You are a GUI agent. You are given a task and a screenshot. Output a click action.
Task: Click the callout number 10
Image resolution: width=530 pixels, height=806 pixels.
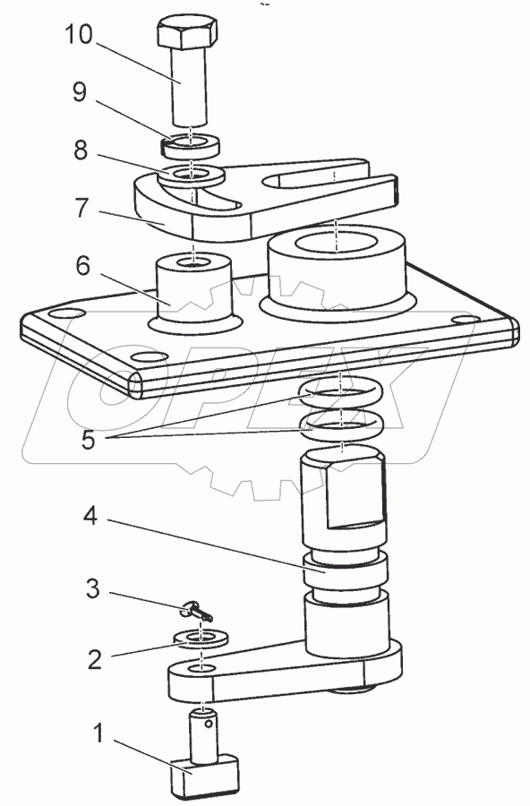pyautogui.click(x=78, y=35)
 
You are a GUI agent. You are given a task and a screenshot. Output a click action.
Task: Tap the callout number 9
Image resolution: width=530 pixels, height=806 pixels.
pyautogui.click(x=79, y=93)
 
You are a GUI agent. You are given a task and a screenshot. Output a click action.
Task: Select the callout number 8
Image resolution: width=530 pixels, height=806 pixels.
pyautogui.click(x=81, y=150)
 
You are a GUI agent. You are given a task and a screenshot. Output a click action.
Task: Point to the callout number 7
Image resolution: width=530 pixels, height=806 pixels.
pyautogui.click(x=81, y=208)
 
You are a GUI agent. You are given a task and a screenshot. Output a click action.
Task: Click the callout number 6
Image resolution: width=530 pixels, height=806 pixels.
pyautogui.click(x=82, y=266)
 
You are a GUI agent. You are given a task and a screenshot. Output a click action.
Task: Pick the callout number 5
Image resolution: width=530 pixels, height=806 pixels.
pyautogui.click(x=89, y=440)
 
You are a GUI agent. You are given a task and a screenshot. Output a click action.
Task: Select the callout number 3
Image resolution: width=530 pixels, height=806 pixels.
pyautogui.click(x=92, y=588)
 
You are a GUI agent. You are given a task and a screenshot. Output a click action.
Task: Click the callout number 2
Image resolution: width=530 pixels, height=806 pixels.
pyautogui.click(x=95, y=659)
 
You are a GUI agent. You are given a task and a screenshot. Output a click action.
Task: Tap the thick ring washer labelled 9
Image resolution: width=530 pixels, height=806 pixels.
pyautogui.click(x=191, y=144)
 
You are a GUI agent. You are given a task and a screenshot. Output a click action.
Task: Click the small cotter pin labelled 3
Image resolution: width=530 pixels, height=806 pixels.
pyautogui.click(x=197, y=612)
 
